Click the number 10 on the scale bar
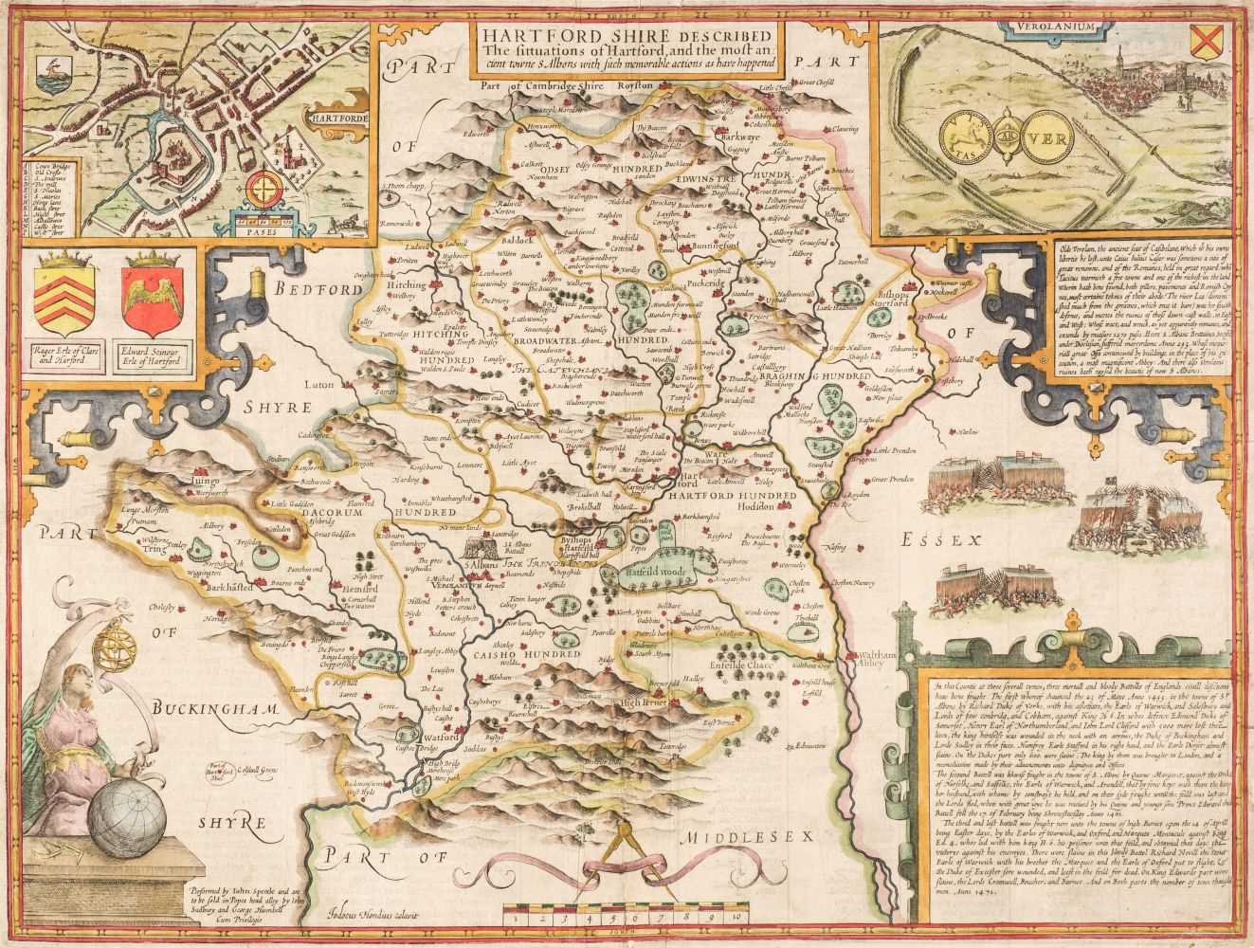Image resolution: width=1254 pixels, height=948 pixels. click(x=735, y=919)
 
